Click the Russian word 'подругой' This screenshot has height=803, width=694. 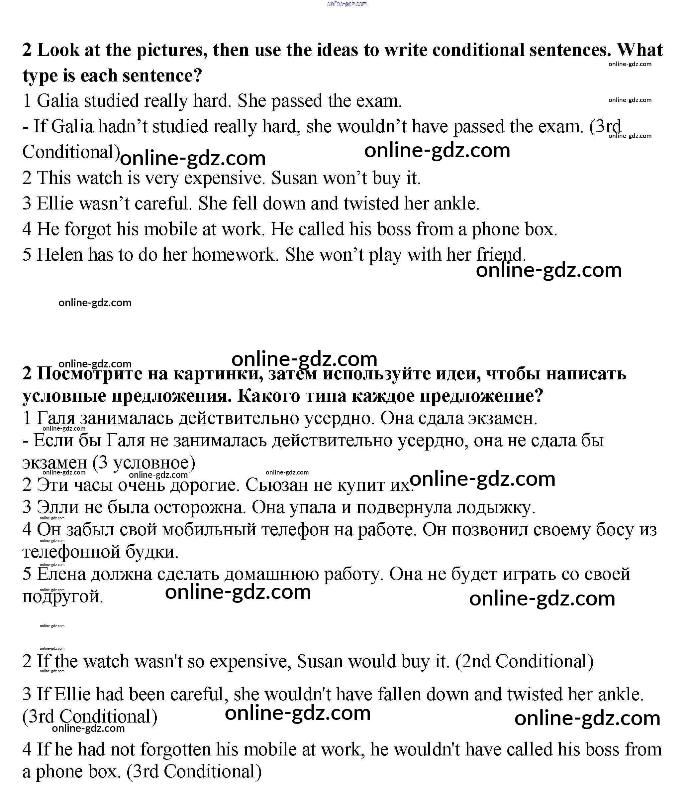click(x=63, y=597)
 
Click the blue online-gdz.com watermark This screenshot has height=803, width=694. click(x=347, y=4)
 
